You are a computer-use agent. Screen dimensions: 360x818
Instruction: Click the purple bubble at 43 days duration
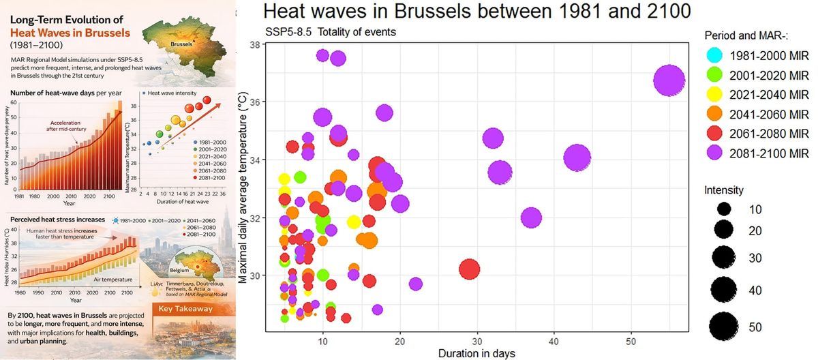click(577, 158)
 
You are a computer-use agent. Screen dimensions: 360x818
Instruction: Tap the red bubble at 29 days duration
click(469, 269)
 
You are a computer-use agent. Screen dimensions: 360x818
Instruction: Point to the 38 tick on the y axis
click(258, 44)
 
